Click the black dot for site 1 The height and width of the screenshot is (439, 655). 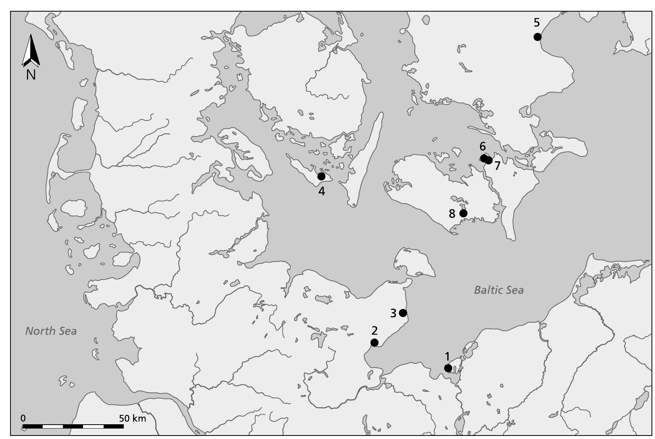(x=448, y=368)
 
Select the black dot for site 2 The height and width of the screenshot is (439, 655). (x=374, y=342)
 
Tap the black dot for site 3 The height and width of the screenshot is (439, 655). (x=403, y=313)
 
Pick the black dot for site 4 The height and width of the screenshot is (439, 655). (x=321, y=176)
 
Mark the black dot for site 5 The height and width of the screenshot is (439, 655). (x=537, y=37)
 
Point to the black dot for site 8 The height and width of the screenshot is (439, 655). (x=463, y=213)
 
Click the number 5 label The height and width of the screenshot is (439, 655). (x=537, y=23)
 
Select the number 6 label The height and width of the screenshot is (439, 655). (x=482, y=147)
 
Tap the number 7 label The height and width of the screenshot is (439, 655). (x=497, y=166)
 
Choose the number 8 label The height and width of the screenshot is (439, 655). (x=452, y=214)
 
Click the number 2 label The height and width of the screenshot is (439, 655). (x=374, y=330)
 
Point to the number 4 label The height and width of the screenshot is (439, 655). (x=322, y=191)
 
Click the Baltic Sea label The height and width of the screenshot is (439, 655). (x=499, y=290)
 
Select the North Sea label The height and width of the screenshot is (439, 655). (x=51, y=331)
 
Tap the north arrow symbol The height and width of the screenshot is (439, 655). (x=31, y=50)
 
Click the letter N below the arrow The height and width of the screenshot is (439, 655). (x=31, y=74)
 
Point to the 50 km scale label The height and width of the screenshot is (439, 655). (x=132, y=418)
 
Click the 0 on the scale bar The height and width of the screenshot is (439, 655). (x=23, y=418)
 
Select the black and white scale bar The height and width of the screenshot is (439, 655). (x=73, y=427)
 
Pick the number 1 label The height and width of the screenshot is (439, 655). (x=447, y=356)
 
